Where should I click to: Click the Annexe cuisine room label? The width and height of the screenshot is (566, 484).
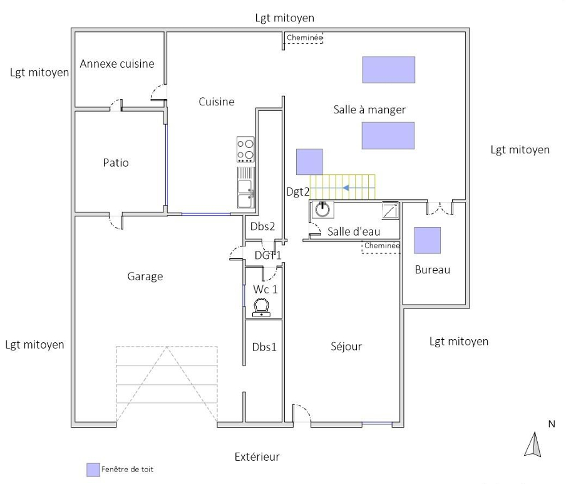click(x=117, y=64)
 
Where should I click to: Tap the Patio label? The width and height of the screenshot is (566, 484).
click(x=116, y=162)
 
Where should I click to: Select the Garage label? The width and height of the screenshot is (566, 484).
click(x=145, y=276)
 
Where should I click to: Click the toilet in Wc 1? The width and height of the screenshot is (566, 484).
click(x=261, y=308)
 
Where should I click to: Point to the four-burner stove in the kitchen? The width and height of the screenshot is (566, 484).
click(x=245, y=149)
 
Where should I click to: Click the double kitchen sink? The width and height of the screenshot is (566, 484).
click(x=245, y=187)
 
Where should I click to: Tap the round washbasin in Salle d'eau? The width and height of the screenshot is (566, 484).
click(x=322, y=209)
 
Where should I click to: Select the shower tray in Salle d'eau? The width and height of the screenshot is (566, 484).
click(x=391, y=211)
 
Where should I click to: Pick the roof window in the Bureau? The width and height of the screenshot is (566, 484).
click(x=428, y=240)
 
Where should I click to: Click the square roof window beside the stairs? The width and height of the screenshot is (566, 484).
click(x=310, y=162)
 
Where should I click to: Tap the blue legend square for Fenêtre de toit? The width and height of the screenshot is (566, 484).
click(x=93, y=470)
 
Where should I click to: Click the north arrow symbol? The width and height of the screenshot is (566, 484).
click(x=533, y=445)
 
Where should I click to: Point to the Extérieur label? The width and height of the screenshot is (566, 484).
click(x=257, y=457)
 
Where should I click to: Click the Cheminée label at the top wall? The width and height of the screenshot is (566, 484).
click(x=304, y=38)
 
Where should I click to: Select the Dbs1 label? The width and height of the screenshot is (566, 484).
click(x=264, y=347)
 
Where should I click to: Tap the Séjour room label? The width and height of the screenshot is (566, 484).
click(x=346, y=346)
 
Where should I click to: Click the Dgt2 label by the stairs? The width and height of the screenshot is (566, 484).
click(x=298, y=192)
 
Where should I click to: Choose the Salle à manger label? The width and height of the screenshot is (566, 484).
click(x=369, y=110)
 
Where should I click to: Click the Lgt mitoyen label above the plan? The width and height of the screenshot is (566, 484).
click(x=285, y=18)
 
